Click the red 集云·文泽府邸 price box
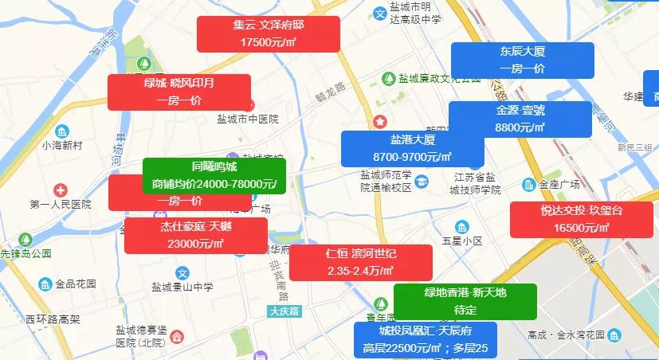click(x=268, y=33)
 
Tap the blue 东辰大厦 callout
click(x=522, y=61)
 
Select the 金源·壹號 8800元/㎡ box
click(x=520, y=119)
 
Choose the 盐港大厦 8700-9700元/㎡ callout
click(x=412, y=148)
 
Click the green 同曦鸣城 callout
click(x=214, y=175)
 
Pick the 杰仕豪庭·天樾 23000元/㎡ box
click(x=195, y=235)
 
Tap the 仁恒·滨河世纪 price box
click(x=360, y=262)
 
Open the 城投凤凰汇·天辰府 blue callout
click(x=426, y=339)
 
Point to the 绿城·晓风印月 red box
click(x=179, y=92)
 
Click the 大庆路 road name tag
click(x=284, y=311)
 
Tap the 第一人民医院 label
click(x=61, y=205)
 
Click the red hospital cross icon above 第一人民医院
click(x=61, y=190)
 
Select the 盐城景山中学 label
click(x=182, y=287)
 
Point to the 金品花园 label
click(x=75, y=284)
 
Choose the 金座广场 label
click(x=559, y=185)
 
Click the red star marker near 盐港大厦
click(x=380, y=122)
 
